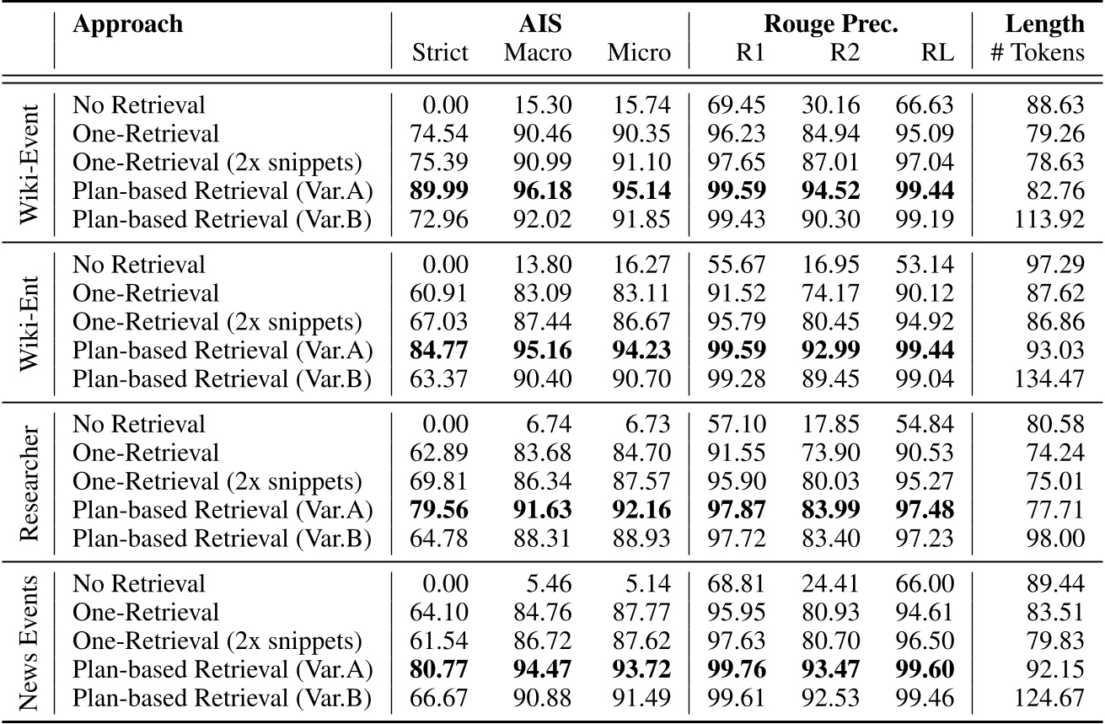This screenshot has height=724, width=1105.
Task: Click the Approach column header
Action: pyautogui.click(x=127, y=24)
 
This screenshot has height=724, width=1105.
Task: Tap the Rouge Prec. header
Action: pyautogui.click(x=829, y=24)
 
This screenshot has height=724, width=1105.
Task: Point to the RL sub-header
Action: pyautogui.click(x=937, y=53)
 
